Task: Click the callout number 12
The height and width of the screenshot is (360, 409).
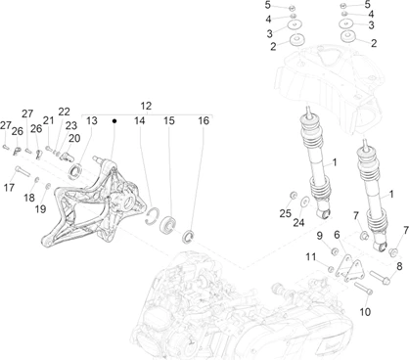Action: pyautogui.click(x=146, y=106)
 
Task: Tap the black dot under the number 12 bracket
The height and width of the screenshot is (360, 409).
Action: pyautogui.click(x=114, y=121)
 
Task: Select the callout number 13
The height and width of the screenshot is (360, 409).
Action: pyautogui.click(x=92, y=120)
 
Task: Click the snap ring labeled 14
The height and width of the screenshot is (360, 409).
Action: pyautogui.click(x=152, y=215)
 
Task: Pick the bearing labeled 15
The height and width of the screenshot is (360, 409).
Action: pyautogui.click(x=167, y=224)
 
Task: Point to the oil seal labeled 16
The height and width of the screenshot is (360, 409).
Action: pyautogui.click(x=188, y=236)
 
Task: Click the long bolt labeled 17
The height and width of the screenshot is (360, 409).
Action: pyautogui.click(x=23, y=170)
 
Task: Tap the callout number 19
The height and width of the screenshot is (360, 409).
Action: pyautogui.click(x=40, y=209)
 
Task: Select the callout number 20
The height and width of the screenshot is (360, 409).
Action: pyautogui.click(x=74, y=138)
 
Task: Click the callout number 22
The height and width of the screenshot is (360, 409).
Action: pyautogui.click(x=64, y=112)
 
